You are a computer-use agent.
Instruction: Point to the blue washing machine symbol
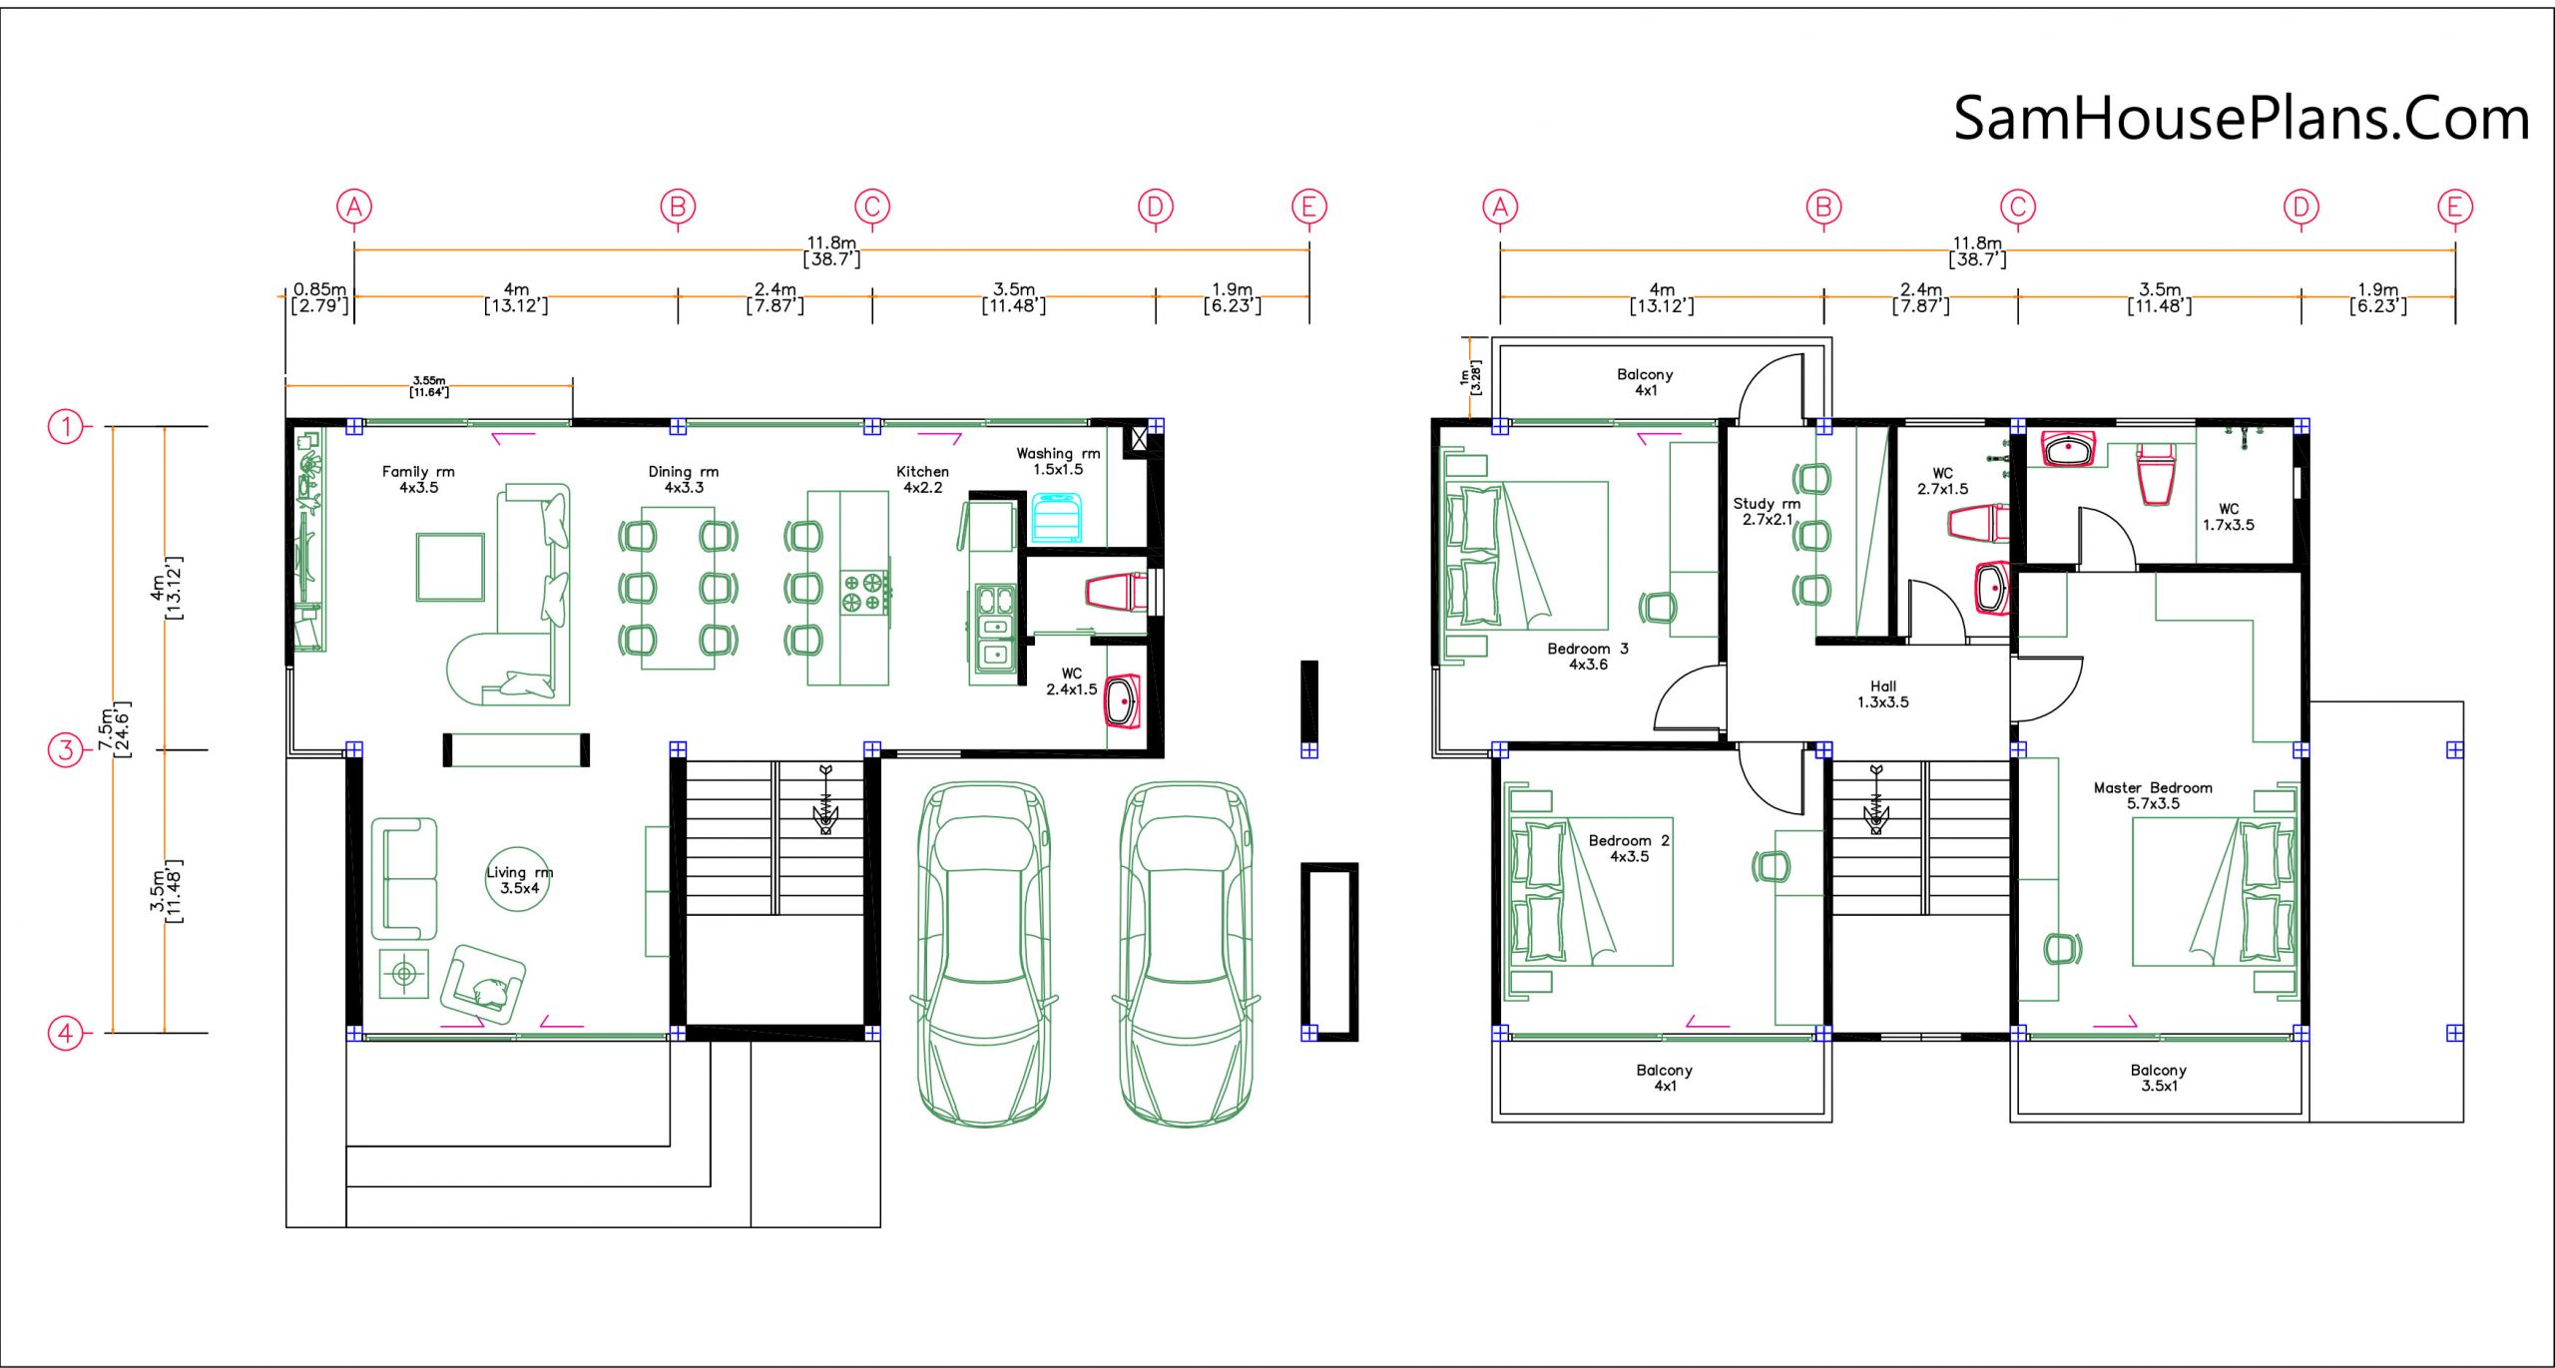pyautogui.click(x=1056, y=517)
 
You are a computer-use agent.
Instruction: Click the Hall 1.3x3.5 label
pyautogui.click(x=1883, y=694)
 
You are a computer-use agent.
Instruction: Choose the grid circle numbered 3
pyautogui.click(x=66, y=749)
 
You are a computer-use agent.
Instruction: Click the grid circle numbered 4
pyautogui.click(x=66, y=1033)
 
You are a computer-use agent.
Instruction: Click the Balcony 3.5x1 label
pyautogui.click(x=2159, y=1078)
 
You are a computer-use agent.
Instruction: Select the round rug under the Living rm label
pyautogui.click(x=518, y=880)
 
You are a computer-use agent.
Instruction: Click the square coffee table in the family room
pyautogui.click(x=450, y=567)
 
